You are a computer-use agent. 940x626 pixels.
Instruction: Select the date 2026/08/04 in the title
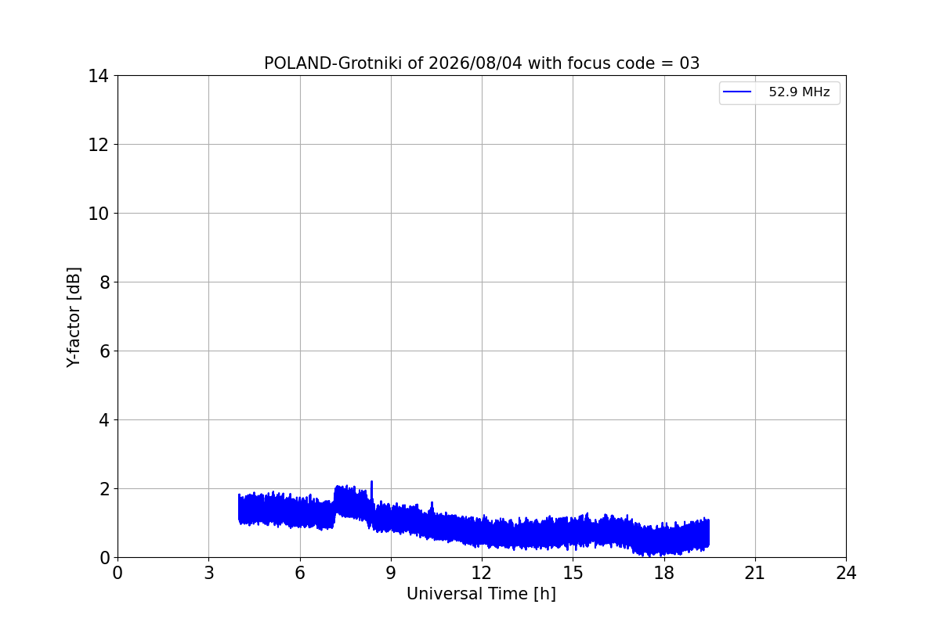pos(475,63)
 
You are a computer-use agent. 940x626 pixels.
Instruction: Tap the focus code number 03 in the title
pos(689,63)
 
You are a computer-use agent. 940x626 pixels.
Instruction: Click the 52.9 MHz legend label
pos(799,92)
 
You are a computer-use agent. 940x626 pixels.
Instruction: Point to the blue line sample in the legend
pos(737,92)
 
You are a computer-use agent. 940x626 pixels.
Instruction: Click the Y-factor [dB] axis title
pos(74,318)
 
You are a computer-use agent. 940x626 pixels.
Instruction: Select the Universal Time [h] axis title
pos(481,594)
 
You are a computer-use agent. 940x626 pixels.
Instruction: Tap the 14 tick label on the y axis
pos(98,77)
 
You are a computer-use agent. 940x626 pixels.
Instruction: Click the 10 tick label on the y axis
pos(98,214)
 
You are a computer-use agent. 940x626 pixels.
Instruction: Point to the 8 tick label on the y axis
pos(104,282)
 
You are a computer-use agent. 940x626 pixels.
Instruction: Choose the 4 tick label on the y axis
pos(104,420)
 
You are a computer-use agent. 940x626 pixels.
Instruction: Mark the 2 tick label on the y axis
pos(104,489)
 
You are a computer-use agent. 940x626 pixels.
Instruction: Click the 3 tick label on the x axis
pos(209,573)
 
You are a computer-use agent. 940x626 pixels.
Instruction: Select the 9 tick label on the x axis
pos(391,573)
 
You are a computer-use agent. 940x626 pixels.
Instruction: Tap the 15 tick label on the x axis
pos(573,573)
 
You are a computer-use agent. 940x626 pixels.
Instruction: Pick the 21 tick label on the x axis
pos(755,573)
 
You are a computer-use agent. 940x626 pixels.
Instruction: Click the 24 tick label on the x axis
pos(847,573)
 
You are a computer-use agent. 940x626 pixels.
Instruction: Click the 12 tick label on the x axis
pos(482,573)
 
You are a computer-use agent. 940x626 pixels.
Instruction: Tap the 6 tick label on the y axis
pos(104,351)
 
